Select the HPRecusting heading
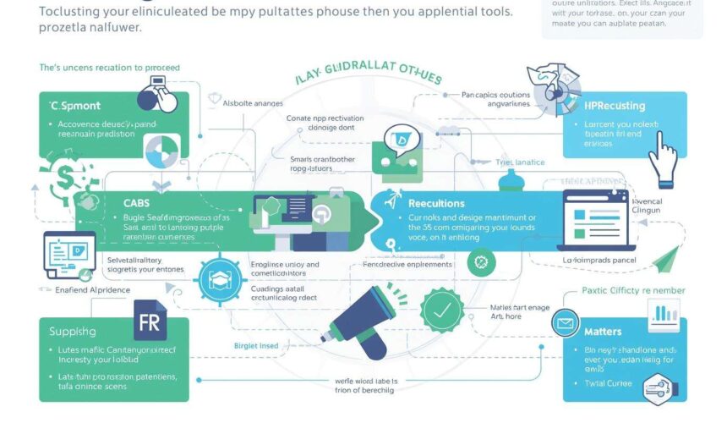click(x=615, y=106)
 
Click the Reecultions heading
click(x=436, y=203)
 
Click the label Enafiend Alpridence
click(x=77, y=289)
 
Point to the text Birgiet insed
click(x=256, y=345)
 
